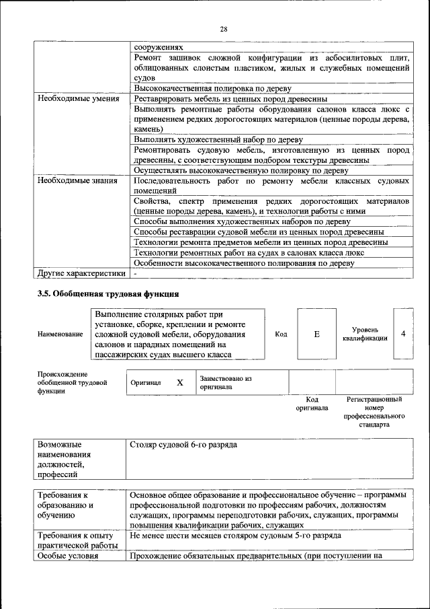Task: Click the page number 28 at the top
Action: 224,28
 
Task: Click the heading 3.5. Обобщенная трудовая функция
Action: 107,294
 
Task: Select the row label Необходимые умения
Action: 78,98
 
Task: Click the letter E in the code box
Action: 316,334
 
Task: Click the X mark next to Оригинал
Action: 179,382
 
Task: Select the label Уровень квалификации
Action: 365,334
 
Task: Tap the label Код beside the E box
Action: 282,334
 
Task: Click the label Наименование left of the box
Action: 60,334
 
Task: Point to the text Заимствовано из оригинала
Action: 225,383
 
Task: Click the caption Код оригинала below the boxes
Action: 312,404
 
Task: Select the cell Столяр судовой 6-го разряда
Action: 183,445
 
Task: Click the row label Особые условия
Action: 68,556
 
